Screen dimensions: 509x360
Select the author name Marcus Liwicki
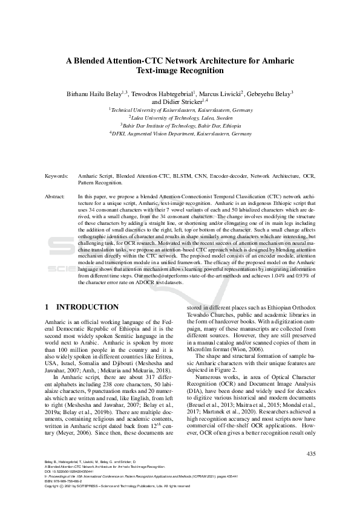pos(220,94)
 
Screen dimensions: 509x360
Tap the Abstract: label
pos(56,197)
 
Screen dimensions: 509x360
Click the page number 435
pos(311,454)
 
